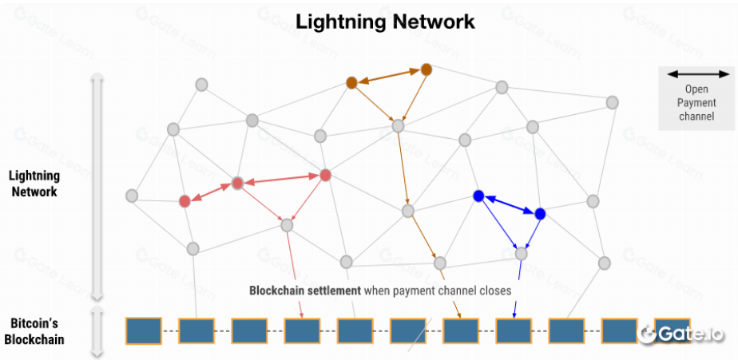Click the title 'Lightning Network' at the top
[x=386, y=22]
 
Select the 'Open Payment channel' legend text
[x=696, y=103]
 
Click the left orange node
[x=351, y=83]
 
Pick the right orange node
[x=427, y=69]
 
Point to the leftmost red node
[x=185, y=201]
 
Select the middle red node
[x=237, y=184]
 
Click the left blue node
[x=478, y=196]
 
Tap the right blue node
[x=540, y=214]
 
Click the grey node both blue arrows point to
[x=522, y=254]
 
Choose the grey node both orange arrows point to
[x=398, y=125]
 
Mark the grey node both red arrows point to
[x=288, y=225]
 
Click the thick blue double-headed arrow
[x=509, y=205]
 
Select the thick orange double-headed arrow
[x=389, y=76]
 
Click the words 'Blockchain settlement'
[x=305, y=291]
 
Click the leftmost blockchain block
[x=144, y=330]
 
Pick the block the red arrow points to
[x=302, y=330]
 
